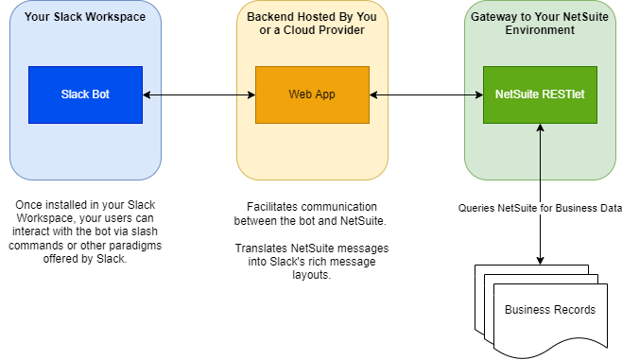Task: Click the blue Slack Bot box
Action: click(x=85, y=94)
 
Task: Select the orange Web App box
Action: click(x=312, y=94)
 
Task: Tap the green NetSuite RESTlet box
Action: click(x=540, y=94)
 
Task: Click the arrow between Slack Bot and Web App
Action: click(x=199, y=94)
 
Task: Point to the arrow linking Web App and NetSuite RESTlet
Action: click(x=426, y=94)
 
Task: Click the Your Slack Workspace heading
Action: click(x=85, y=17)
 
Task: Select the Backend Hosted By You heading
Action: click(x=312, y=17)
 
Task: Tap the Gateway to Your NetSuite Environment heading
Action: click(x=540, y=24)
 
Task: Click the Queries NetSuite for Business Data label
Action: click(x=540, y=208)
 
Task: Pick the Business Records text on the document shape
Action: click(x=550, y=310)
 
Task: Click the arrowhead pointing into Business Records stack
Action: click(x=540, y=261)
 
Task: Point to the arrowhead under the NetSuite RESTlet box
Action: click(x=540, y=128)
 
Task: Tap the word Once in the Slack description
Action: click(x=28, y=205)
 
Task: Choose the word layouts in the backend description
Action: click(x=311, y=275)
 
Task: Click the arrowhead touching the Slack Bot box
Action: click(x=147, y=94)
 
